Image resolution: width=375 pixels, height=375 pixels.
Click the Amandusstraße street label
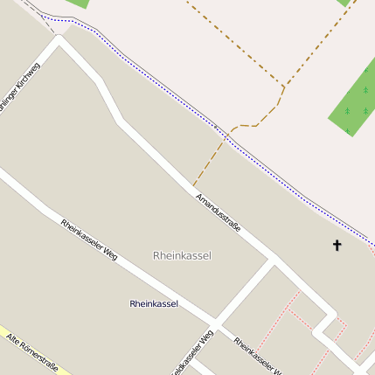coord(219,213)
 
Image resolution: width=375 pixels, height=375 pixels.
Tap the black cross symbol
coord(337,245)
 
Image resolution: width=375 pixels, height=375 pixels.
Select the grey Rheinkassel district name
coord(182,256)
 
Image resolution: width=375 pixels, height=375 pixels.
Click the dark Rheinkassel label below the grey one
coord(154,304)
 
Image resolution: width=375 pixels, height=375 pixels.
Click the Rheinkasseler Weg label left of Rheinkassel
coord(89,239)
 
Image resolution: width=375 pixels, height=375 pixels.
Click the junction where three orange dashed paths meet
coord(284,86)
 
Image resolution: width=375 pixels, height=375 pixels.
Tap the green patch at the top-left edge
coord(77,3)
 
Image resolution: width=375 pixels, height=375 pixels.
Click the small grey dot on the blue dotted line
coord(228,135)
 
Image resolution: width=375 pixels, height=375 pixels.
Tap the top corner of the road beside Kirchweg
coord(60,38)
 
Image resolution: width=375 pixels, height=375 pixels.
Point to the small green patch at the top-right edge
coord(344,3)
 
